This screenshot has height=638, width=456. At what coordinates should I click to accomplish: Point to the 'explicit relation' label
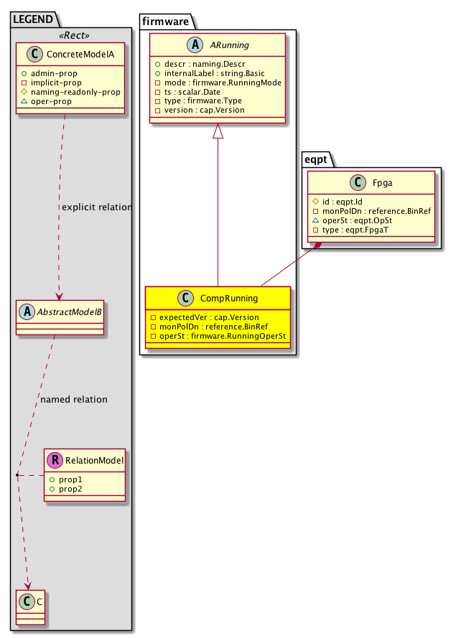click(x=97, y=207)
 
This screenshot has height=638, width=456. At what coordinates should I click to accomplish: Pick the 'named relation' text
click(x=74, y=399)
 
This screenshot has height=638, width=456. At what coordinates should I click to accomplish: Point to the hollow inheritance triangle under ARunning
click(x=218, y=132)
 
